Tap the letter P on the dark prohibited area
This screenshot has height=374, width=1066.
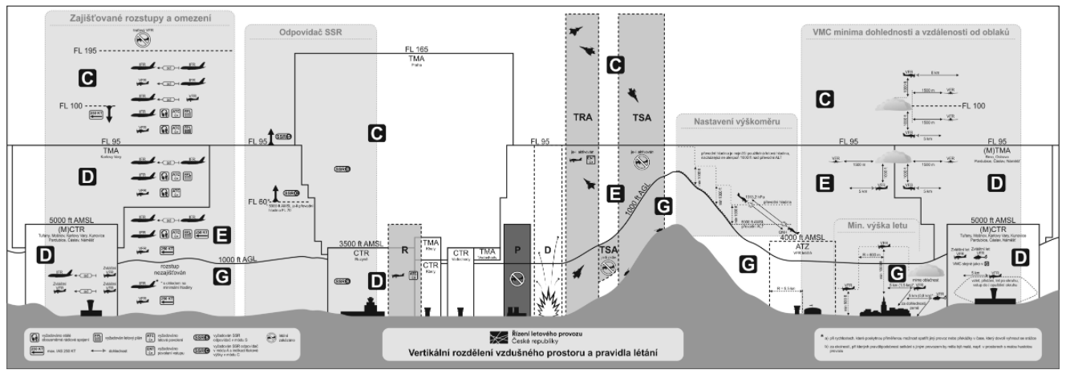point(517,250)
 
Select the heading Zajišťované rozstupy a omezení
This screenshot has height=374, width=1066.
point(140,18)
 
